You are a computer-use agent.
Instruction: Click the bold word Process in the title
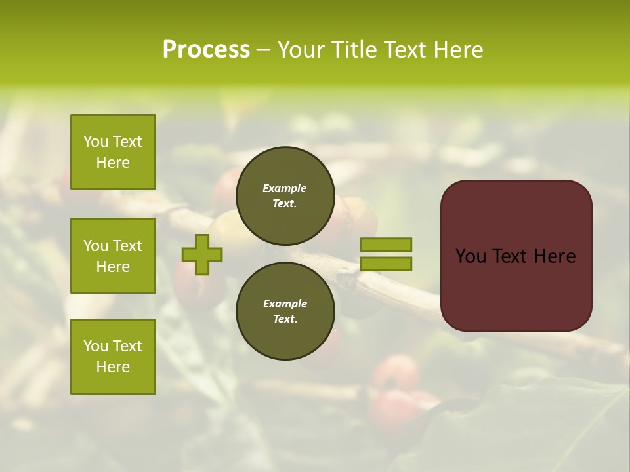point(206,50)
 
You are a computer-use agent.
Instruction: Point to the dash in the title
point(262,50)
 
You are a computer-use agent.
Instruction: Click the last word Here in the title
point(459,50)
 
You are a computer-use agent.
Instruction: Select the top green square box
point(113,152)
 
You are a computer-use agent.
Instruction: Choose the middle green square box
point(113,256)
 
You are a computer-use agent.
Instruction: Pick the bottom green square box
point(113,357)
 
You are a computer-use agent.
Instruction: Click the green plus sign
point(202,254)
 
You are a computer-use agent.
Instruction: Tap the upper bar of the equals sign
point(386,245)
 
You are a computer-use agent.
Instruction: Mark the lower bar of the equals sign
point(386,264)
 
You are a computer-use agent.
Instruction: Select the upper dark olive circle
point(285,195)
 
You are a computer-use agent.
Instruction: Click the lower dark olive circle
point(285,311)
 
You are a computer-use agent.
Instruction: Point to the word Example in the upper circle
point(285,188)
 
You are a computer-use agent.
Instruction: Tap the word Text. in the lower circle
point(285,319)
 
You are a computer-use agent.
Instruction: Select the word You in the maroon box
point(471,256)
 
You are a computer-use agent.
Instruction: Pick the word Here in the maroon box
point(555,256)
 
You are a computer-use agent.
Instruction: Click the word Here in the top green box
point(113,163)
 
